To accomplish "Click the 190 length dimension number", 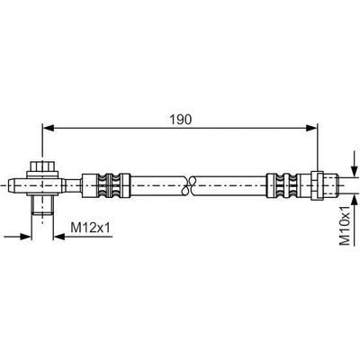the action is tap(180, 120).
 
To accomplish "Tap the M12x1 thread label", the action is tap(91, 228).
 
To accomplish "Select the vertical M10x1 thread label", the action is tap(346, 226).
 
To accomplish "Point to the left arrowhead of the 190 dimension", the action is tap(49, 128).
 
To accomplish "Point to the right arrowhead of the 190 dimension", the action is tap(311, 128).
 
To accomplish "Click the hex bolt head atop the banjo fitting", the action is tap(42, 166).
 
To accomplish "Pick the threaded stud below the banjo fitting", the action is tap(42, 205).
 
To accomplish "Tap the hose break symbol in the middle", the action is tap(189, 185).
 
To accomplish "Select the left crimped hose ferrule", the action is tap(106, 185).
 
